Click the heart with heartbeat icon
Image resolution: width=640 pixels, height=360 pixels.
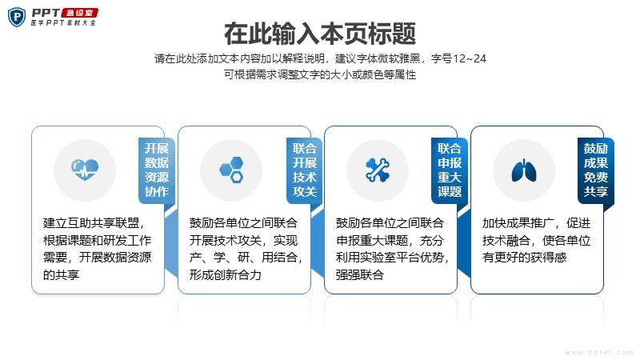(85, 170)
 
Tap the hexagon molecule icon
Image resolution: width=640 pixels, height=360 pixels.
(231, 170)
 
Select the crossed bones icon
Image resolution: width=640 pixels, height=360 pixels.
(378, 170)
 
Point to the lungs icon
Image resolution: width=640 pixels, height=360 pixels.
(524, 170)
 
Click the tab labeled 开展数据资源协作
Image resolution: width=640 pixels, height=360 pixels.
(157, 170)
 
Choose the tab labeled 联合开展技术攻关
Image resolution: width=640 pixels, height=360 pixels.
(304, 170)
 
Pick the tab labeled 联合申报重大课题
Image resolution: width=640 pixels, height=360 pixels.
(450, 170)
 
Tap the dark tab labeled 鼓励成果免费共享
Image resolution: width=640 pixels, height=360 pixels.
(595, 170)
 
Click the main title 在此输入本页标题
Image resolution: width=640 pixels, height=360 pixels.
(320, 34)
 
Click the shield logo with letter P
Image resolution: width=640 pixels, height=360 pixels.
(17, 17)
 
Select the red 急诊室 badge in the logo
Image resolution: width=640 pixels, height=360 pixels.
(79, 13)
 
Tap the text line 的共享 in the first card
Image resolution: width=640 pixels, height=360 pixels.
(62, 274)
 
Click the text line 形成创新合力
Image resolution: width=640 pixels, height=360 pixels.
(226, 274)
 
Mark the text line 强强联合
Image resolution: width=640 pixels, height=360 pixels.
(359, 274)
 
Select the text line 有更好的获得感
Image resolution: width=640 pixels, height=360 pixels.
(525, 258)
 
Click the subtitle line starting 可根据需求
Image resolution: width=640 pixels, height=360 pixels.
(320, 74)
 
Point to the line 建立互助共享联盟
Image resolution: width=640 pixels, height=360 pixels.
(94, 223)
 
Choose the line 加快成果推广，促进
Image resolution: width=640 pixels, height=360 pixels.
(536, 223)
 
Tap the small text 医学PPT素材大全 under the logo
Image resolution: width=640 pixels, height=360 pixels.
(63, 23)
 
